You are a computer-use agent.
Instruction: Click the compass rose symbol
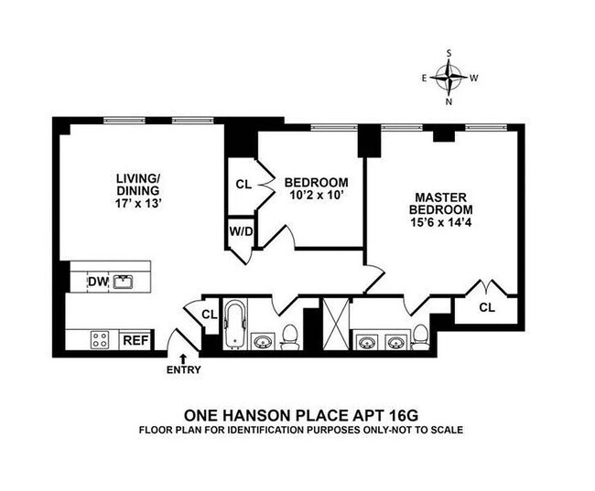coord(450,79)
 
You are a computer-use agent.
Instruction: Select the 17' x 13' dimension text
coord(138,207)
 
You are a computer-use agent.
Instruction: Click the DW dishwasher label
coord(97,282)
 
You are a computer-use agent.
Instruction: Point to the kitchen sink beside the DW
coord(124,282)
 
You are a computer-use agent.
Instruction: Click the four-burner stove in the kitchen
coord(100,340)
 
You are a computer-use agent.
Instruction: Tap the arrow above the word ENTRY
coord(183,358)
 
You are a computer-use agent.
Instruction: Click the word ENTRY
coord(183,370)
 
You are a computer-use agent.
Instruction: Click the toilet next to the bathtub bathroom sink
coord(290,337)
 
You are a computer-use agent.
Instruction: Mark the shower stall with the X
coord(335,325)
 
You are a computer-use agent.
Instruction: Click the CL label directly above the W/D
coord(243,184)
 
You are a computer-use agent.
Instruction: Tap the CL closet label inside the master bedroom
coord(486,307)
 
